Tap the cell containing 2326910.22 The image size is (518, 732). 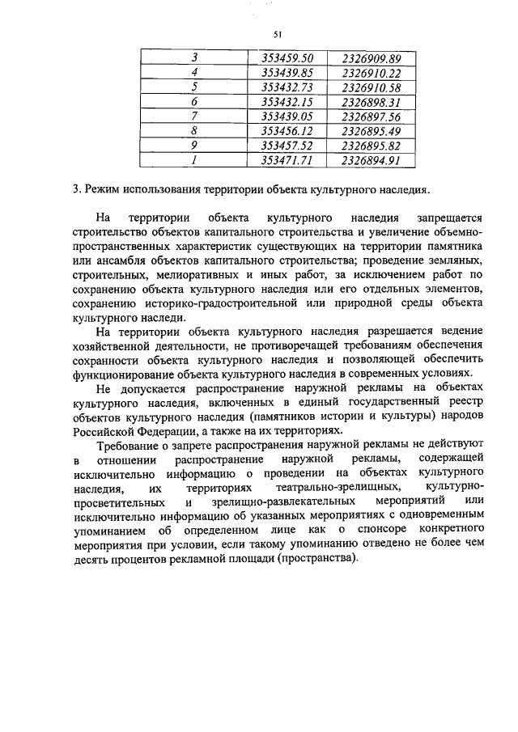(x=372, y=73)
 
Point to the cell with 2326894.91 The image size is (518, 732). (x=372, y=160)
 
